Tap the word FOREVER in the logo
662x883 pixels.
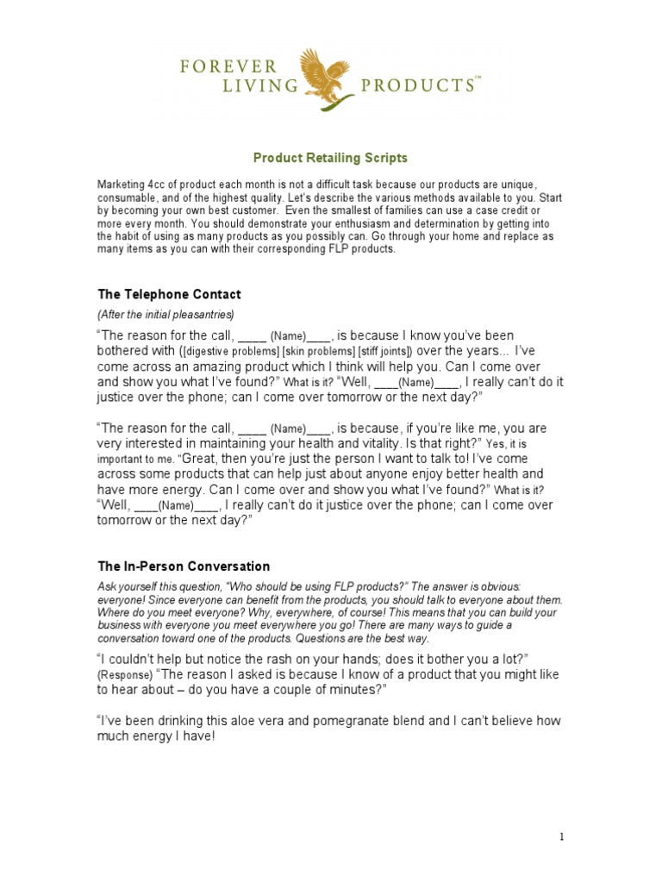coord(228,66)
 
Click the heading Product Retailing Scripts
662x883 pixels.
coord(330,159)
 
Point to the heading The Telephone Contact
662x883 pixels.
coord(170,295)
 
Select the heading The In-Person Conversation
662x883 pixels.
coord(184,567)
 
